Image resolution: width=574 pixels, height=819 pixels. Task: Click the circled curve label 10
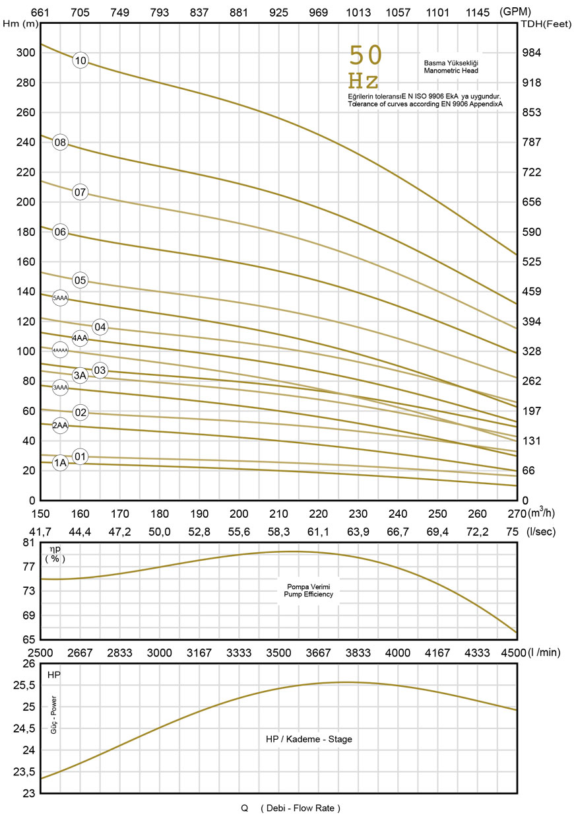(x=80, y=61)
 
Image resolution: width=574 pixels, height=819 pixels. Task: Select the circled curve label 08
(x=60, y=143)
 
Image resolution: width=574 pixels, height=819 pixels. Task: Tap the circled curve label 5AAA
(x=60, y=299)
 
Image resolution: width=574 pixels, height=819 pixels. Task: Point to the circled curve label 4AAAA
(x=60, y=349)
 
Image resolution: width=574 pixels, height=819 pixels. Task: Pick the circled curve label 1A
(x=60, y=463)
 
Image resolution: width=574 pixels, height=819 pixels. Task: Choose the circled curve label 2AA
(x=60, y=425)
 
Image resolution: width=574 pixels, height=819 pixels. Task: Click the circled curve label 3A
(x=80, y=376)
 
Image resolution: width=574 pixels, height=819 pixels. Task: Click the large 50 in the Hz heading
(x=365, y=56)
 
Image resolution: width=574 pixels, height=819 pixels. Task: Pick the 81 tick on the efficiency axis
(x=28, y=543)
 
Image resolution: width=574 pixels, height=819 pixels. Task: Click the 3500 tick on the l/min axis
(x=278, y=653)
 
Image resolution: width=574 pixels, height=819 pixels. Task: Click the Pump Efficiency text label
(x=308, y=594)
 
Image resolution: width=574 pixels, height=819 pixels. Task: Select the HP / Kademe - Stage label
(x=304, y=739)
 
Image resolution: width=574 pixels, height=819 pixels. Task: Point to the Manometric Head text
(x=451, y=70)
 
